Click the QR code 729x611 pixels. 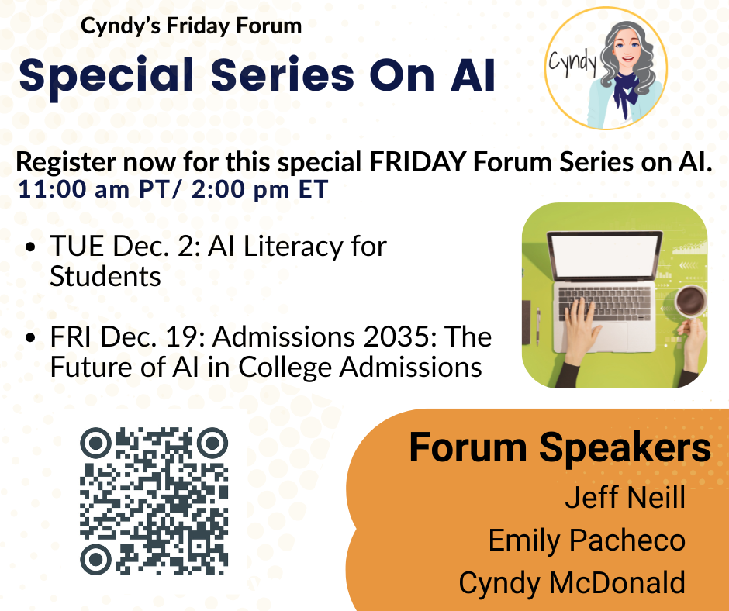pos(154,501)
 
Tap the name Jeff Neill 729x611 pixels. pos(625,498)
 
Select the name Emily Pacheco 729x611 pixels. pos(587,540)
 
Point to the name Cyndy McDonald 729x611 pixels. pos(572,582)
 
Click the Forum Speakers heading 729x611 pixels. pos(560,447)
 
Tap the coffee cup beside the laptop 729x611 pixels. pos(690,301)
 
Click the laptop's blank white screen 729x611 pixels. pos(605,256)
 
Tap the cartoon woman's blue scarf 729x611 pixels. pos(624,91)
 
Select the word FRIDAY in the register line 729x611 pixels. pos(417,162)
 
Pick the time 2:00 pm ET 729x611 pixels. pos(260,189)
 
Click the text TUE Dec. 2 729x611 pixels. pos(125,246)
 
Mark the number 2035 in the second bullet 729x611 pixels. pos(399,337)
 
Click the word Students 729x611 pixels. pos(105,276)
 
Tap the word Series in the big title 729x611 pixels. pos(282,75)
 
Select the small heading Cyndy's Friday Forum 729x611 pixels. pos(191,26)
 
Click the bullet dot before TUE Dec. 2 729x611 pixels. pos(31,247)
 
